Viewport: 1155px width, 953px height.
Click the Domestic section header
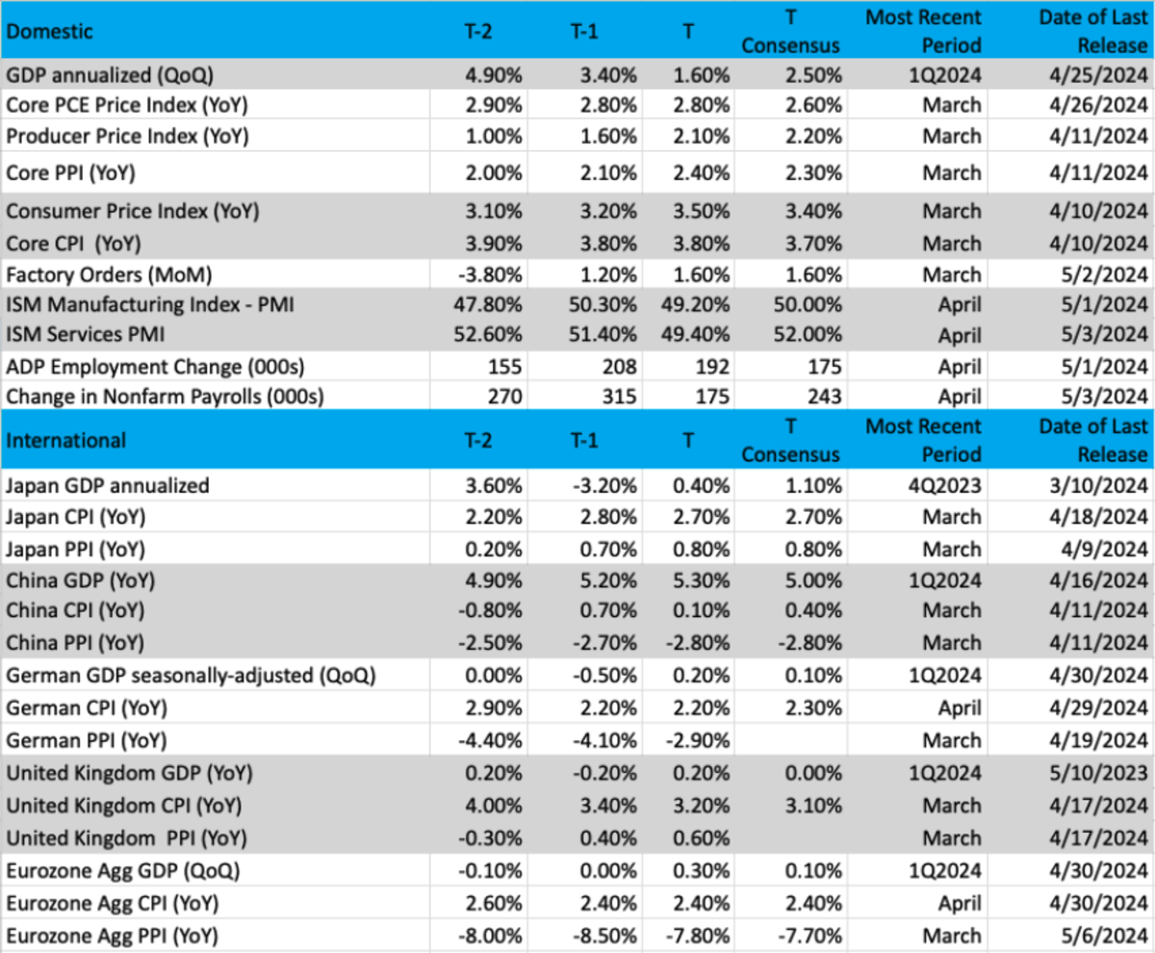click(50, 31)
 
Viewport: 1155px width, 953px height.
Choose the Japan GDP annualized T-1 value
click(602, 486)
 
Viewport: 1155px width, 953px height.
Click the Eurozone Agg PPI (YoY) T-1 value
click(602, 935)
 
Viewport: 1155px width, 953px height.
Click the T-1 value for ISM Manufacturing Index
click(602, 305)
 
